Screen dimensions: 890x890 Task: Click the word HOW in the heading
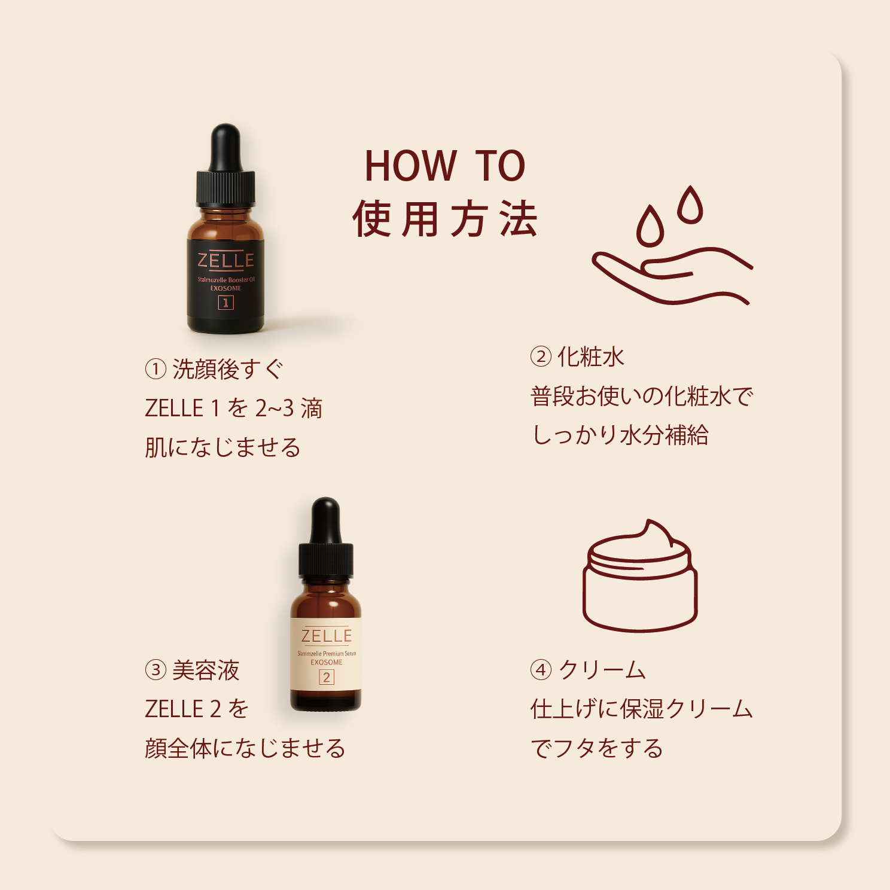(x=410, y=166)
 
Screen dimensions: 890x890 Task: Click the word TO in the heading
(x=500, y=166)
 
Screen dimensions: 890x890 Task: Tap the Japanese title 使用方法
(x=445, y=220)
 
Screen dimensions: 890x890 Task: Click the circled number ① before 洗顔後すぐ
(x=156, y=369)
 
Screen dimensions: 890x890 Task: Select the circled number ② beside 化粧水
(x=541, y=357)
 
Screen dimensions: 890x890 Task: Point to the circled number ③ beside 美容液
(x=156, y=670)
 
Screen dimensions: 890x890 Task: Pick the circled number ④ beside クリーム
(x=541, y=670)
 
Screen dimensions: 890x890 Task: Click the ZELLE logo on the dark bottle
(x=225, y=261)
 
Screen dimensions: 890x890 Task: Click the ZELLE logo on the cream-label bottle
(x=327, y=636)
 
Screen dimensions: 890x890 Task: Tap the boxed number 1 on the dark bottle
(x=225, y=303)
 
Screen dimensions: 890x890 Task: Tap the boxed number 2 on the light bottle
(x=327, y=677)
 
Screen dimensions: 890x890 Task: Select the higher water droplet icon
(x=690, y=206)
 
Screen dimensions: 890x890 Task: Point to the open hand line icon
(x=670, y=275)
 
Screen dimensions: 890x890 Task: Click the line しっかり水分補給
(x=620, y=435)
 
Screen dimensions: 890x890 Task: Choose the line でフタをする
(x=597, y=748)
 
